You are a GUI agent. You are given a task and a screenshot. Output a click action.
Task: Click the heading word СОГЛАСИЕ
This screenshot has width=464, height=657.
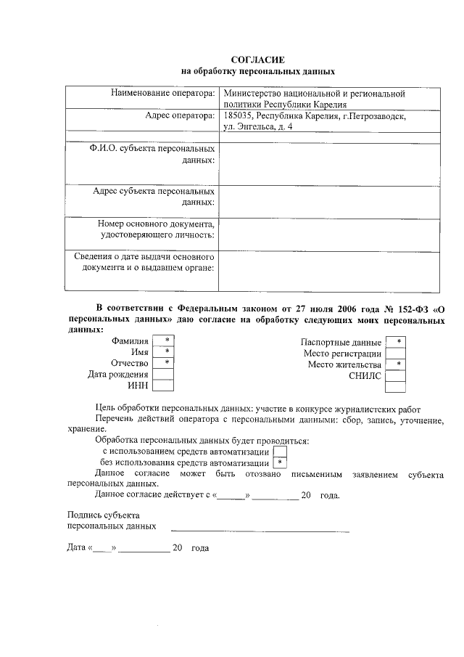click(x=258, y=60)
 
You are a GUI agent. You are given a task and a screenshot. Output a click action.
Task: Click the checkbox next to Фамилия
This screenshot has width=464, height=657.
click(x=166, y=340)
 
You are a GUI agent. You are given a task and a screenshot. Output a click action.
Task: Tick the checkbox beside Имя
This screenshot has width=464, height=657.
click(x=166, y=352)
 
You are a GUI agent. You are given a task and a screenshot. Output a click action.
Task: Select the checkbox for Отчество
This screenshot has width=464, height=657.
click(x=166, y=363)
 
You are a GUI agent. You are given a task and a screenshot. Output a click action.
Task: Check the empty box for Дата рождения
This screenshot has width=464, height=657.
click(x=166, y=375)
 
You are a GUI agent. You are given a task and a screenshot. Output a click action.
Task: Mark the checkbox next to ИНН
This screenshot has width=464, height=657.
click(x=166, y=386)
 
